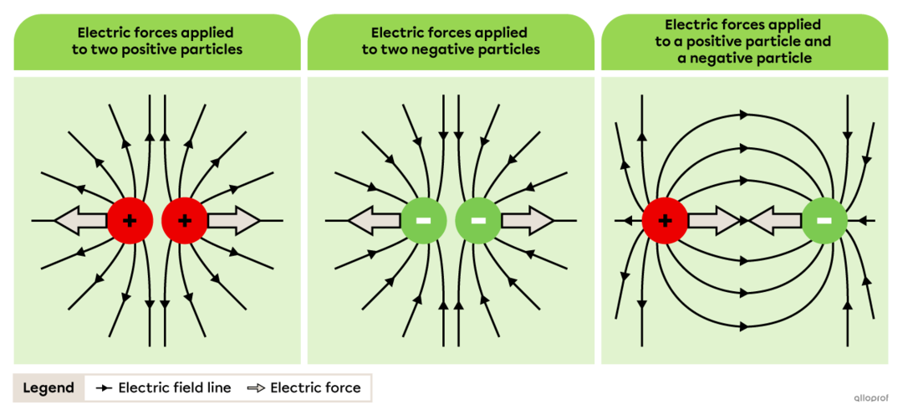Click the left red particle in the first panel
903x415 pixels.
(x=130, y=221)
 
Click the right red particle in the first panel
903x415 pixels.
(x=185, y=221)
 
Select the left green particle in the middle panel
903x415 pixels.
(x=424, y=221)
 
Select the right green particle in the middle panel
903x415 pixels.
(x=478, y=221)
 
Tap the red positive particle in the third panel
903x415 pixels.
(x=665, y=221)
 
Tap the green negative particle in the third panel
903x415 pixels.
(x=824, y=221)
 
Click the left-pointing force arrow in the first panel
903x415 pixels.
(x=81, y=221)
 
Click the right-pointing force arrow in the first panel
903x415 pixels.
(x=233, y=221)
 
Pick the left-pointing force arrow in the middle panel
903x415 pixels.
(x=375, y=221)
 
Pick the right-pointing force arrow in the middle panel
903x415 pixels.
(x=527, y=221)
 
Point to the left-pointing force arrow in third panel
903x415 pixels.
(x=775, y=221)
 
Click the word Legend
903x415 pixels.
(x=48, y=388)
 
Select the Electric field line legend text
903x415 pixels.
(x=175, y=388)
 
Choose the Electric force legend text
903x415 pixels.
(x=315, y=388)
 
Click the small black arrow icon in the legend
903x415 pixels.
(x=104, y=388)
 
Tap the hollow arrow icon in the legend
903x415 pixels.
(x=255, y=388)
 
